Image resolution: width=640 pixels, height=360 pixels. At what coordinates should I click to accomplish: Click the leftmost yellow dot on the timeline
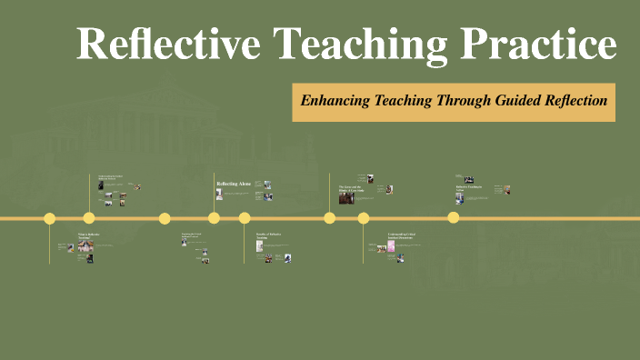tap(50, 218)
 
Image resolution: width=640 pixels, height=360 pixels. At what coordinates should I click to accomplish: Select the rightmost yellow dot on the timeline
tap(454, 218)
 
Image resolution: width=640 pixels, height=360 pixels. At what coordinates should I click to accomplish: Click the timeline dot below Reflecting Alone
tap(214, 218)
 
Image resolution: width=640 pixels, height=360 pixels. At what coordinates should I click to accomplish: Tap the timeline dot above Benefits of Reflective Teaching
tap(245, 218)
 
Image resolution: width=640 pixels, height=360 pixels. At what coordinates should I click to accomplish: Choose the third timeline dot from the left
tap(165, 218)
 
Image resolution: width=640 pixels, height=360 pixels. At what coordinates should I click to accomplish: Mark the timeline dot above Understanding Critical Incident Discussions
tap(364, 218)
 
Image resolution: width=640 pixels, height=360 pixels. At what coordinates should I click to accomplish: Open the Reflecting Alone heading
tap(233, 185)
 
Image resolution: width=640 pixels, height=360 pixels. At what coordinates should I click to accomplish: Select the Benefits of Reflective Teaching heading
tap(268, 235)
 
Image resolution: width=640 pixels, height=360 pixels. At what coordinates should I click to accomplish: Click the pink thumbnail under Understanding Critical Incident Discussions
tap(391, 246)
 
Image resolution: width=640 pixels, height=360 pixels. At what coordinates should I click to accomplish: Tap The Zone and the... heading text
tap(351, 188)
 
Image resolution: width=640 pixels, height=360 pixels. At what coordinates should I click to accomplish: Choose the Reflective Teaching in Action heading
tap(467, 188)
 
